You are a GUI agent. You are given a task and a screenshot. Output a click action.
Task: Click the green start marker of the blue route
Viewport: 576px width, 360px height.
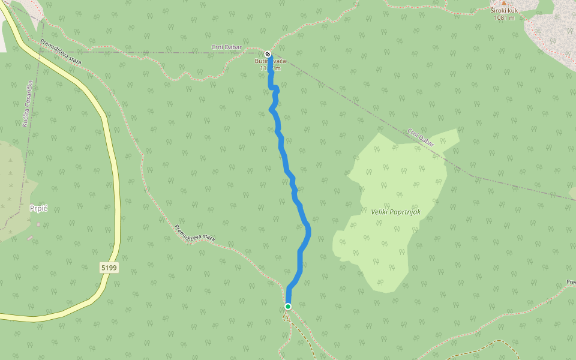(x=288, y=307)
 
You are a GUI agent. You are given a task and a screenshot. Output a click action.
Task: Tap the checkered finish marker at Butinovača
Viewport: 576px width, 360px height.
(x=268, y=54)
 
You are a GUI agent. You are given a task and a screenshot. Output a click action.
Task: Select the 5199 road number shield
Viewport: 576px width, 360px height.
(x=109, y=268)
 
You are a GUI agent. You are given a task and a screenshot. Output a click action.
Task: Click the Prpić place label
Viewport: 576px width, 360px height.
(x=38, y=208)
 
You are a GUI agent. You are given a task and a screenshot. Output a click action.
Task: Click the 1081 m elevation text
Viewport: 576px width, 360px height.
(x=504, y=17)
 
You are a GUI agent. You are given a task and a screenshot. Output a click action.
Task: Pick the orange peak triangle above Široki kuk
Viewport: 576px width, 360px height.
(x=504, y=3)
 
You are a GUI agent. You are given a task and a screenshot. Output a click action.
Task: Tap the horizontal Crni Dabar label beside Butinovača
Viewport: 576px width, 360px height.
(x=227, y=47)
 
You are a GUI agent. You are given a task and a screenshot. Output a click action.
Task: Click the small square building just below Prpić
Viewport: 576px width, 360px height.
(x=39, y=224)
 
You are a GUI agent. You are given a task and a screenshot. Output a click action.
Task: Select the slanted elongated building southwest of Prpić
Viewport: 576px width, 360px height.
(x=30, y=238)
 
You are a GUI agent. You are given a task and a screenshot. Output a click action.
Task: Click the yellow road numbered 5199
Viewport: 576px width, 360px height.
(x=115, y=180)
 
